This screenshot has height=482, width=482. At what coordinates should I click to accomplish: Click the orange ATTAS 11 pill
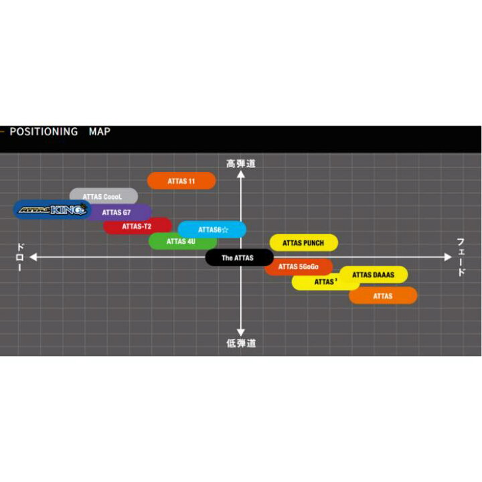coord(181,181)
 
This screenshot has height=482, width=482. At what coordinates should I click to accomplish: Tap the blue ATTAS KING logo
coord(52,210)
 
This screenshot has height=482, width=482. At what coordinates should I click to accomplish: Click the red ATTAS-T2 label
coord(137,226)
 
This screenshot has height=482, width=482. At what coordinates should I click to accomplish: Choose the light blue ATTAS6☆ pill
coord(212,230)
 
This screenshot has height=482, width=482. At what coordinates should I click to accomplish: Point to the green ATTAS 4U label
coord(181,242)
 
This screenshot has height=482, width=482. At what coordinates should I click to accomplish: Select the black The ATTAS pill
coord(239,258)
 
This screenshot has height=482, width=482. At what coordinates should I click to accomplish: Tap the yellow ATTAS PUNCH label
coord(304,243)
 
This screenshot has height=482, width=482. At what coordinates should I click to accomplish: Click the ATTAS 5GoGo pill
coord(299,267)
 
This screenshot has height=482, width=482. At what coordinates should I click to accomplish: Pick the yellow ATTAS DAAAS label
coord(374,274)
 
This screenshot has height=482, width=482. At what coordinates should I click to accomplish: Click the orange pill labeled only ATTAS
coord(383,296)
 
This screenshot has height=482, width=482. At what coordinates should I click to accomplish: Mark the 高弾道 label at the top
coord(241,163)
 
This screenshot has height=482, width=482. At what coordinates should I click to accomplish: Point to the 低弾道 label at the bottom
coord(241,343)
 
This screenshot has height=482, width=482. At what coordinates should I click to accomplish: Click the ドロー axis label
coord(20,257)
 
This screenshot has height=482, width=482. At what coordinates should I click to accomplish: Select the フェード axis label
coord(461,257)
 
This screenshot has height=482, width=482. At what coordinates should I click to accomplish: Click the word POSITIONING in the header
coord(44,132)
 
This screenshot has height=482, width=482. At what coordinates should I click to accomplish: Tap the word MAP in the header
coord(100,132)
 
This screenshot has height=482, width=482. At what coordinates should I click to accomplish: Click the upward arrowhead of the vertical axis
coord(241,174)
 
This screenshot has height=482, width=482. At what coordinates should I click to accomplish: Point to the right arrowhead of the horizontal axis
coord(448,257)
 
